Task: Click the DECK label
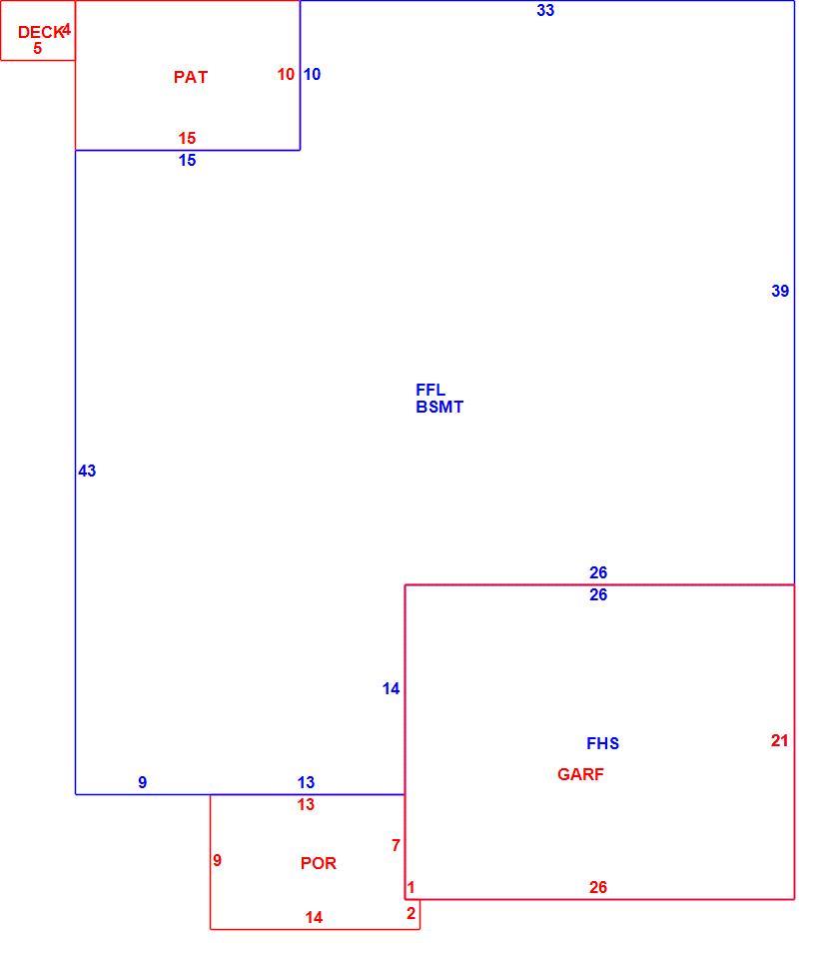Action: (39, 32)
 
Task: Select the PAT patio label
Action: (191, 77)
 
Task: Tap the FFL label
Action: (430, 390)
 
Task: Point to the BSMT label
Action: (439, 407)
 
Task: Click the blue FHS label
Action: (602, 743)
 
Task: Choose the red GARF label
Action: (580, 774)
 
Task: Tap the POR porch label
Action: (318, 863)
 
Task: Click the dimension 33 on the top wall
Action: (545, 10)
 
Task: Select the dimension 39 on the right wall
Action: (780, 291)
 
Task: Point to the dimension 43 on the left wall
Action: (87, 471)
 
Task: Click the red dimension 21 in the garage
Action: (779, 740)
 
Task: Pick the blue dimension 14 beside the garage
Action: (391, 688)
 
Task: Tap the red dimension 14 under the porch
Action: (314, 917)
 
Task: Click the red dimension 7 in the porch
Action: (396, 845)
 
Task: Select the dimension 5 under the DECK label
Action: (37, 48)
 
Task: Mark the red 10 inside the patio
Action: (286, 74)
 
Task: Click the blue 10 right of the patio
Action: (312, 74)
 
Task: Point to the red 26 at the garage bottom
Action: (598, 887)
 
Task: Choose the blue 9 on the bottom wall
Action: (143, 782)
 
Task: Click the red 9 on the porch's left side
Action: (217, 860)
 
